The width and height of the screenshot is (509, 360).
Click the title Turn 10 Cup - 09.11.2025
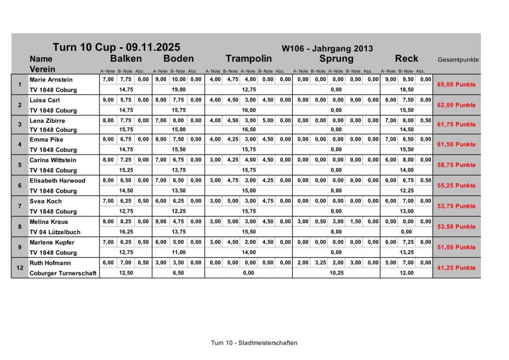click(x=116, y=48)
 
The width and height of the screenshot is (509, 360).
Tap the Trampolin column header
click(x=249, y=59)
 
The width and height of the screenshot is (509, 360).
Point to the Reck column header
click(x=407, y=59)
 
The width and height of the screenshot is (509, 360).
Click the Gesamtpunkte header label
click(x=458, y=60)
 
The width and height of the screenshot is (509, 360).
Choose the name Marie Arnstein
click(x=51, y=80)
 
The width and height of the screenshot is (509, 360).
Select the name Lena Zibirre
click(x=47, y=121)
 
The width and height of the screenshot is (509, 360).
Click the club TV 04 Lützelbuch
click(x=55, y=232)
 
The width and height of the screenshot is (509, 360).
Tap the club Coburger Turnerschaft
click(x=63, y=273)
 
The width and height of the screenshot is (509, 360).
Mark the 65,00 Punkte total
click(x=456, y=85)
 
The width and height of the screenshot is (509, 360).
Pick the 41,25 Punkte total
click(x=456, y=268)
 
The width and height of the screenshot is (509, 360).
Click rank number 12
click(x=19, y=268)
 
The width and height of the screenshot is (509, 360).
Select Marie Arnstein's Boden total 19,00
click(x=178, y=90)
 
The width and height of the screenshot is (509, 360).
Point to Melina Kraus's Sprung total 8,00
click(x=336, y=232)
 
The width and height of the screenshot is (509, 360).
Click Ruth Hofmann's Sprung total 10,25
click(x=336, y=273)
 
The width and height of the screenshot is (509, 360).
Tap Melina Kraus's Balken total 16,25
click(x=126, y=232)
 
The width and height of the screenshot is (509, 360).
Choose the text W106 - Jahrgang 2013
click(x=327, y=49)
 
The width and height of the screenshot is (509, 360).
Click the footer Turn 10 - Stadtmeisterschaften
click(x=254, y=343)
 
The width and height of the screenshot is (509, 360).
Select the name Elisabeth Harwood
click(x=57, y=181)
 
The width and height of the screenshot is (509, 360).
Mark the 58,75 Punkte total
click(x=456, y=165)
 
